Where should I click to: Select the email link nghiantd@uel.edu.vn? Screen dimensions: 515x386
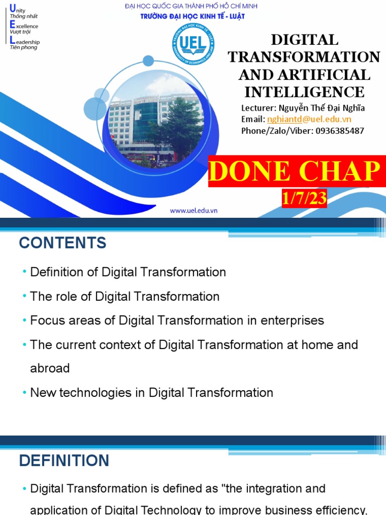[309, 119]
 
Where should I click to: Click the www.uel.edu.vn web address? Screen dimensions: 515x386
[194, 211]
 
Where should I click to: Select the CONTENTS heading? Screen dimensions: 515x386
[63, 243]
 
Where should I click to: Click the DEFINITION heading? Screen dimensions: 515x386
[64, 460]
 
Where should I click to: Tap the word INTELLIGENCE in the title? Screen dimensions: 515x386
[304, 92]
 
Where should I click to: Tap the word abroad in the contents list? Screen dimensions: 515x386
[50, 368]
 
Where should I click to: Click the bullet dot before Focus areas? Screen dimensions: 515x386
[25, 321]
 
